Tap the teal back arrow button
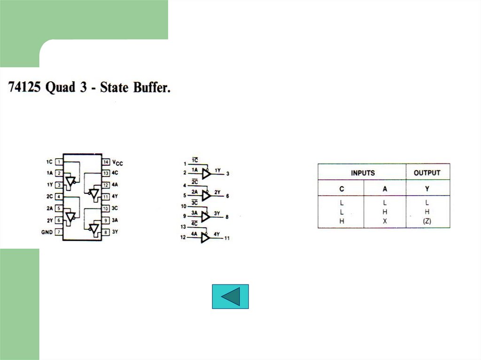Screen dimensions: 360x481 click(230, 297)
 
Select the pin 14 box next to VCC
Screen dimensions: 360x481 click(106, 162)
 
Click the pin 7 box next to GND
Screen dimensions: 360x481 click(59, 232)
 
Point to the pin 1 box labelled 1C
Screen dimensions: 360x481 click(59, 162)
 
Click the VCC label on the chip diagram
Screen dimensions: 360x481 click(117, 163)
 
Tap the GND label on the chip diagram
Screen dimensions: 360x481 click(47, 232)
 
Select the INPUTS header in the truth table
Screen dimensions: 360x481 click(363, 173)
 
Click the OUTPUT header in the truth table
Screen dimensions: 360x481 click(427, 173)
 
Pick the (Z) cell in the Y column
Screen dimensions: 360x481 click(427, 221)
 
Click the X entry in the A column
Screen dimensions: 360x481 click(385, 221)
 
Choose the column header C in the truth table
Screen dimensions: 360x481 click(341, 189)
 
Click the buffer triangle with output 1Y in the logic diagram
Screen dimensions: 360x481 click(206, 174)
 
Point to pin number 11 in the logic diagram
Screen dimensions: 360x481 click(227, 238)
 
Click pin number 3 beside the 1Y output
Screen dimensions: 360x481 click(227, 174)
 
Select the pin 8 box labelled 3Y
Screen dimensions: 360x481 click(106, 232)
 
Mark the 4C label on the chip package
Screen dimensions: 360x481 click(116, 173)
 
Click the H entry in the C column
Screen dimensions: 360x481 click(341, 221)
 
